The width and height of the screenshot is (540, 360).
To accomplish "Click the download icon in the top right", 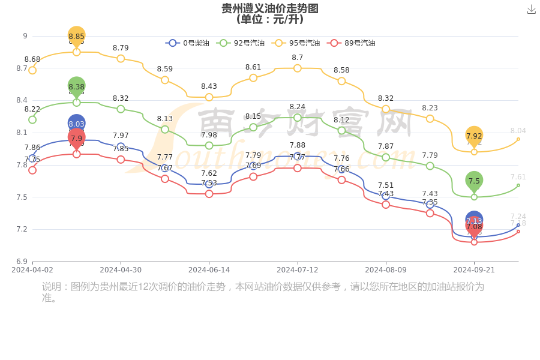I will click(x=531, y=9).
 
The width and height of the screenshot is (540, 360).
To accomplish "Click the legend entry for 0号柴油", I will click(x=188, y=43).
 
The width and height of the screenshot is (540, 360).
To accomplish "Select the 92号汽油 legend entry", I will click(x=239, y=43).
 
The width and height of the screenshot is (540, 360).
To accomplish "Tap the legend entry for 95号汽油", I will click(x=296, y=43).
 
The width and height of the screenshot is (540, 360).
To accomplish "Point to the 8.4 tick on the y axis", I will click(x=22, y=100).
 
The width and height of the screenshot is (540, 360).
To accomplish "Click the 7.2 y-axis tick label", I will click(x=22, y=229).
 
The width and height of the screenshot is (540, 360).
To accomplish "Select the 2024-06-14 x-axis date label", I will click(x=209, y=270).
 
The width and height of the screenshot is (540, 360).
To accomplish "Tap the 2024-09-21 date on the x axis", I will click(x=474, y=270).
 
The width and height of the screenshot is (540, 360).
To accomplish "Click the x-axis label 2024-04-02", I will click(x=32, y=270).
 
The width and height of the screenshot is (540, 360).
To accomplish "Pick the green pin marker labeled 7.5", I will click(x=474, y=181).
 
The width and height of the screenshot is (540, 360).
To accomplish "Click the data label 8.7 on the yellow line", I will click(x=297, y=58).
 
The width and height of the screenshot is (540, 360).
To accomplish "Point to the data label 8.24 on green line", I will click(x=297, y=107).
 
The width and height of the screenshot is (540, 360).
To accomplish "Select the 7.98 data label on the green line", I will click(x=209, y=135).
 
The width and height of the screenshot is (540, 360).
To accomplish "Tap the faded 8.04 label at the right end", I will click(x=518, y=131).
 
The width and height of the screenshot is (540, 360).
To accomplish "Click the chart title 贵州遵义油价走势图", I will click(x=270, y=8).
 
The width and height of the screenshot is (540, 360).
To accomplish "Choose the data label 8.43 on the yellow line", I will click(x=209, y=86).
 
